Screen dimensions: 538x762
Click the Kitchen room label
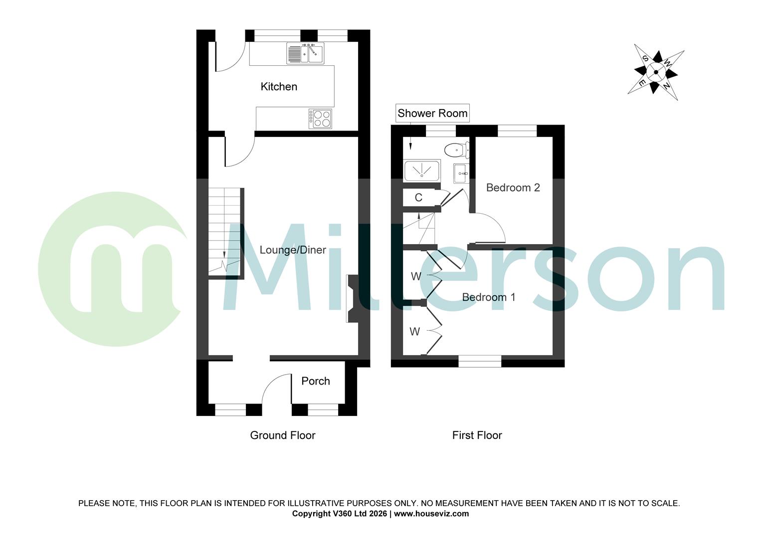[x=279, y=87]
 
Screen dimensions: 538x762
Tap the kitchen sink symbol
[x=305, y=53]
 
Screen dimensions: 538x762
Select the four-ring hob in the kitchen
[x=320, y=119]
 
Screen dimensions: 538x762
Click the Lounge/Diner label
[x=293, y=250]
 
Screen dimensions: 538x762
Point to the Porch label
[x=316, y=381]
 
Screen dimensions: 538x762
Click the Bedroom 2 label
[x=513, y=188]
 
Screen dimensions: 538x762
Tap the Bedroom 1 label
[x=489, y=297]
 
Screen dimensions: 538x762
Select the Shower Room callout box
[x=432, y=113]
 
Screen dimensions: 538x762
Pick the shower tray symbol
[x=422, y=171]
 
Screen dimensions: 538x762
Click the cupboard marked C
[x=418, y=198]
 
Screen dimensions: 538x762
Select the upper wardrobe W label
[x=416, y=276]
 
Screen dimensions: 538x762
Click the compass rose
[x=656, y=72]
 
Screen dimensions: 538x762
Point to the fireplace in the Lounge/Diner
[x=351, y=299]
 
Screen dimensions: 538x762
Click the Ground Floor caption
[x=283, y=435]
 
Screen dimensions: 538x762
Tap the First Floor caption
[x=477, y=435]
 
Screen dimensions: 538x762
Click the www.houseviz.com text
[x=431, y=514]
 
